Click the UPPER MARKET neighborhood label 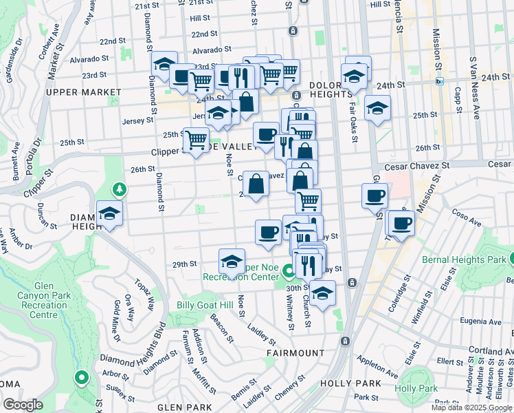[x=78, y=92]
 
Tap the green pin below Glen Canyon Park [x=81, y=377]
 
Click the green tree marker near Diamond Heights [x=120, y=189]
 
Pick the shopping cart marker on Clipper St [x=197, y=140]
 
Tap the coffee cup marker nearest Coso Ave [x=402, y=222]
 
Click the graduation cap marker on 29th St [x=232, y=262]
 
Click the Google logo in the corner [x=23, y=405]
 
